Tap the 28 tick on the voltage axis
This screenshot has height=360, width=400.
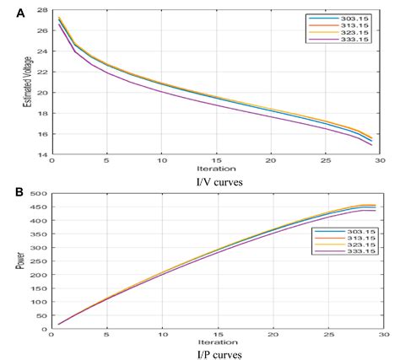(x=43, y=9)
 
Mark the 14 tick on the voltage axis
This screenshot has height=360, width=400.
(x=43, y=155)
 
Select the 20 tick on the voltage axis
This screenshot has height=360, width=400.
(x=43, y=93)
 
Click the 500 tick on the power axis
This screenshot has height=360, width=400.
(x=39, y=196)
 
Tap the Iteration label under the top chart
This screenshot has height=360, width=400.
(x=218, y=168)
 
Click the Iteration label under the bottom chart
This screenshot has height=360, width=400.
(x=218, y=341)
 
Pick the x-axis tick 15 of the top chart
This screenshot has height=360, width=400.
(x=218, y=160)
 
